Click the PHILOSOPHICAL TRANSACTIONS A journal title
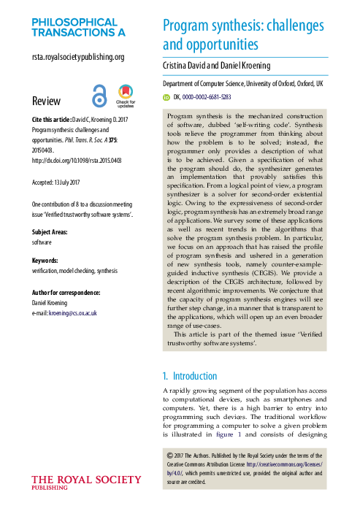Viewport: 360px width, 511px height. [x=78, y=27]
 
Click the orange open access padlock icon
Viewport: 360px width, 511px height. [x=99, y=96]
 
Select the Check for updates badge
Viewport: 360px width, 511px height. [x=126, y=96]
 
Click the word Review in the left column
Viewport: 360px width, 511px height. [x=47, y=101]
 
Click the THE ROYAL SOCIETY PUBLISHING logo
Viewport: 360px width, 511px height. [x=86, y=483]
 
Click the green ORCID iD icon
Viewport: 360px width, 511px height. [x=166, y=96]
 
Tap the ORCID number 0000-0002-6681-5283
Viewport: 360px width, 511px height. [x=207, y=96]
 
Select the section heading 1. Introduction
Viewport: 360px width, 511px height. [x=189, y=376]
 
